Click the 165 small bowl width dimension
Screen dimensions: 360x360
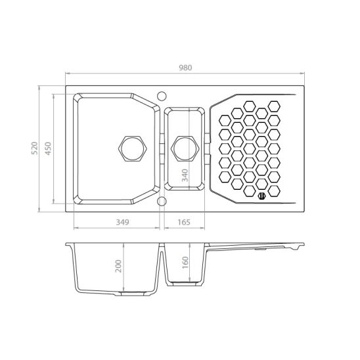(x=185, y=222)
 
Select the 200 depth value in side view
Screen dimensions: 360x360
(x=118, y=266)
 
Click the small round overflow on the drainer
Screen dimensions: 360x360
(x=261, y=194)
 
